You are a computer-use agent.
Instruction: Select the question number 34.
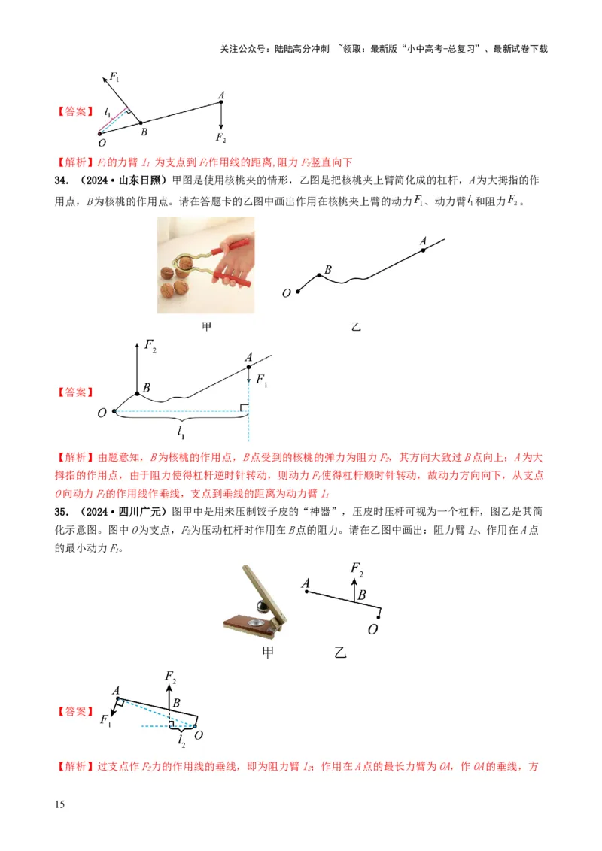(62, 182)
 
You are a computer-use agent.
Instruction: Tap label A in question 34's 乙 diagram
(423, 241)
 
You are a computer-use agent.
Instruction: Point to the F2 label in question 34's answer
(150, 348)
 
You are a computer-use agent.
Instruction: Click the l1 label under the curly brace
(181, 432)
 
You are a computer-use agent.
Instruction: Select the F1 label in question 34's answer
(261, 380)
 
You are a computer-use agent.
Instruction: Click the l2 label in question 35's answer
(181, 741)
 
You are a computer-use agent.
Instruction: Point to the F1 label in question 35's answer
(106, 719)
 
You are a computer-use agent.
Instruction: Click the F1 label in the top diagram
(114, 77)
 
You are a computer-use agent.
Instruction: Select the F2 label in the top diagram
(220, 138)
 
